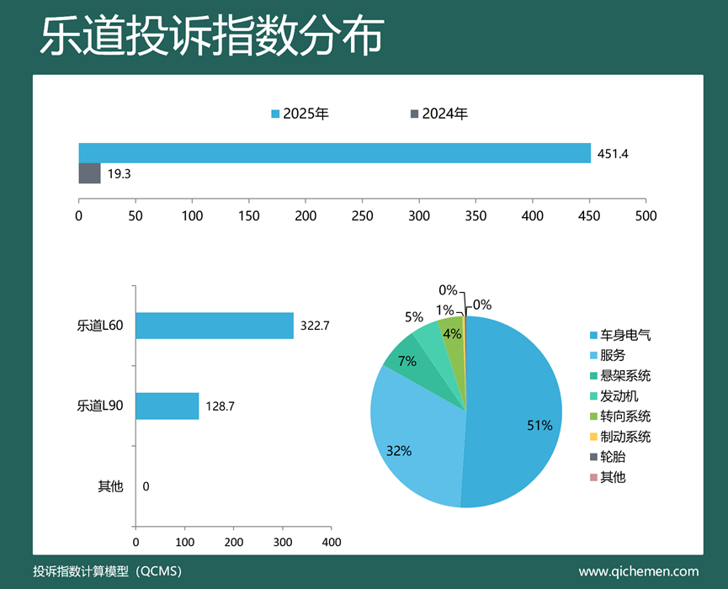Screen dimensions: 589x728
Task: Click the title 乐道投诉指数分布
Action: tap(211, 37)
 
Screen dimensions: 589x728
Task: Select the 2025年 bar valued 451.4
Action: tap(335, 153)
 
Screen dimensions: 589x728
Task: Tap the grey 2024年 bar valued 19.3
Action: tap(89, 173)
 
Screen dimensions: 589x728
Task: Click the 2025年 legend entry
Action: tap(300, 114)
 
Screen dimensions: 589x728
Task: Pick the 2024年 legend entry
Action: tap(438, 114)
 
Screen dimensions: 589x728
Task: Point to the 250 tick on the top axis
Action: tap(362, 215)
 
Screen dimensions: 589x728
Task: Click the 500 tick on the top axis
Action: tap(646, 215)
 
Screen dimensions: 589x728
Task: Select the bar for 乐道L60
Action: tap(214, 326)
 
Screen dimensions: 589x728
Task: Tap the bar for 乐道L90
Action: tap(167, 406)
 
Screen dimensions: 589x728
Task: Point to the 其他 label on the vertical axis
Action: tap(110, 486)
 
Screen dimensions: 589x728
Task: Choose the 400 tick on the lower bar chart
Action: tap(332, 542)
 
